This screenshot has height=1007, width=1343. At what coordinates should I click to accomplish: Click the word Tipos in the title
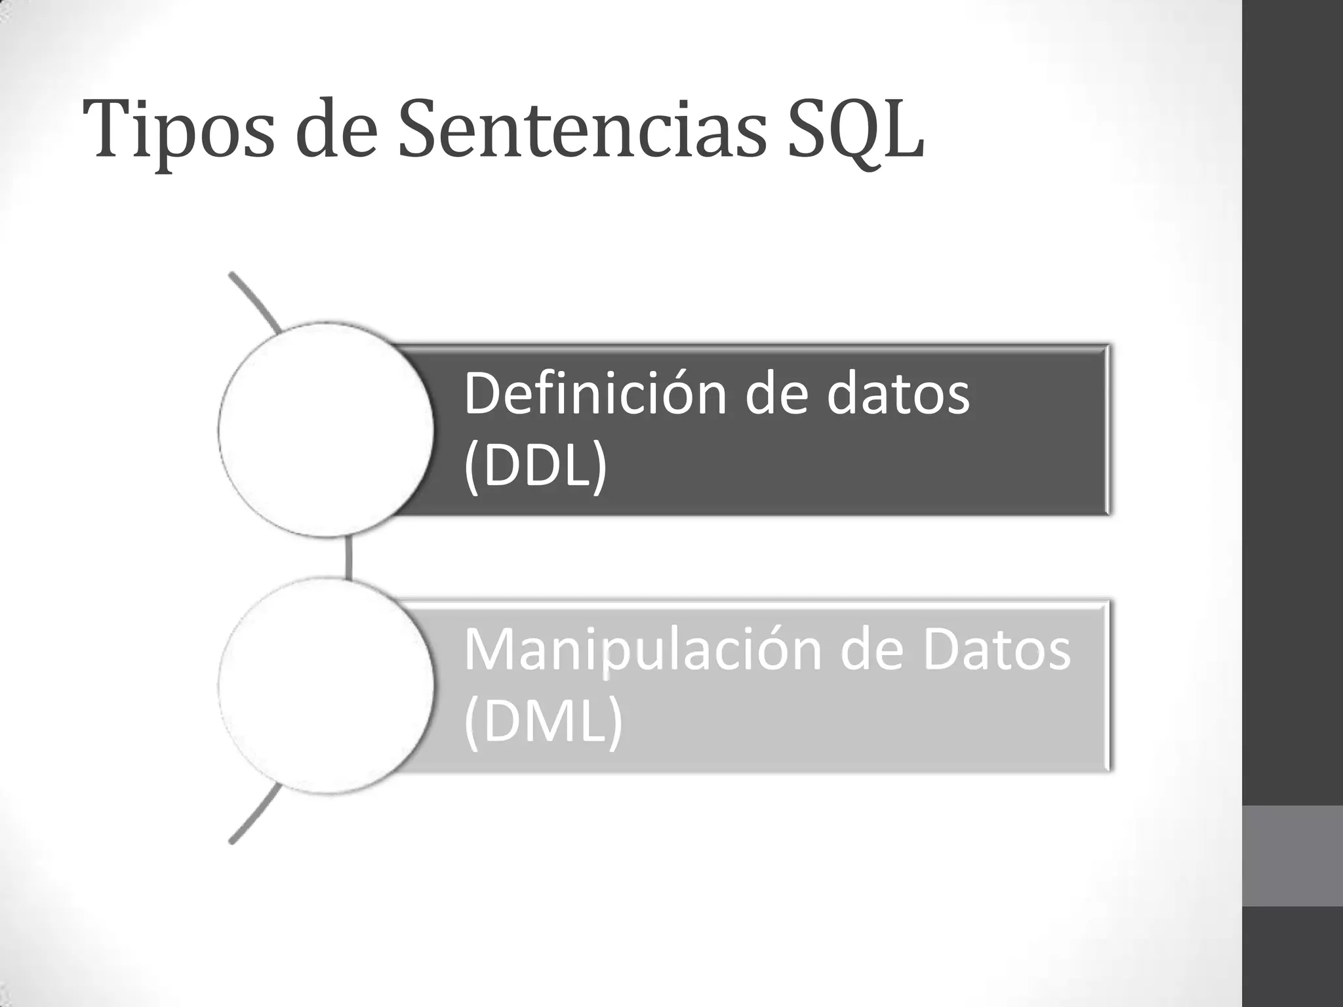[x=177, y=131]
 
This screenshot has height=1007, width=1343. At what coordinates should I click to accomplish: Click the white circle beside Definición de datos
[x=326, y=430]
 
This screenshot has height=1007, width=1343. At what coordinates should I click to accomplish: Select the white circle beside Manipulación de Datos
[x=326, y=686]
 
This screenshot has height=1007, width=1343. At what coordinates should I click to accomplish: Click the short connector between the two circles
[x=348, y=557]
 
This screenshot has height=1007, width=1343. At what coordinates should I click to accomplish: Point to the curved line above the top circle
[x=256, y=302]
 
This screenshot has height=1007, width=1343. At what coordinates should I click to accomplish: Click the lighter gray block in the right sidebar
[x=1293, y=856]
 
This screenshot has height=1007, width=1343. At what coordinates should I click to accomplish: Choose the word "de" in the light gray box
[x=876, y=650]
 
